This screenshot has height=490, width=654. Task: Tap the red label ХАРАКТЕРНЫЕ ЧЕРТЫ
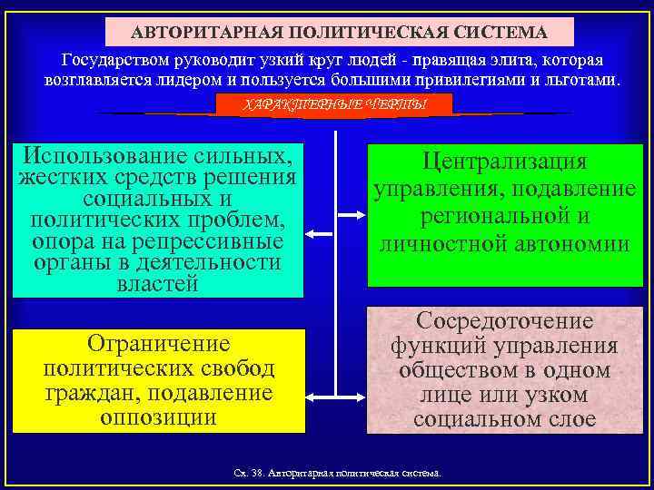click(x=335, y=105)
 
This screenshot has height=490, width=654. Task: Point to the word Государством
click(x=114, y=60)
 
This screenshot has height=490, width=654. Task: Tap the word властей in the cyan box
click(x=157, y=283)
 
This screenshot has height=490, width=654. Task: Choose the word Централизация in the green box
click(x=505, y=162)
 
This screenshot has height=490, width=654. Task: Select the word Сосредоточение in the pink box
click(x=505, y=320)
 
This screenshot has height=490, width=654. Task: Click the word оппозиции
click(x=158, y=417)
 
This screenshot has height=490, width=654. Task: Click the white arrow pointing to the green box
click(x=348, y=215)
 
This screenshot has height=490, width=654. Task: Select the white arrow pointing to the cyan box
click(x=320, y=234)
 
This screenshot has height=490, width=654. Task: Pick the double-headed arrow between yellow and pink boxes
click(x=334, y=396)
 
